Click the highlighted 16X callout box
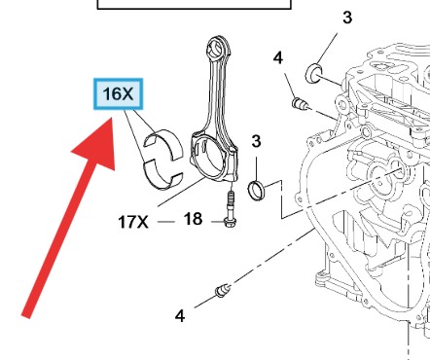(118, 93)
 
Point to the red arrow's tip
(112, 119)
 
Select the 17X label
(133, 222)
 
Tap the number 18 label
(193, 219)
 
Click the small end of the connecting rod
(218, 48)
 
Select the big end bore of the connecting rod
(207, 158)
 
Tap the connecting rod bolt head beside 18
(230, 222)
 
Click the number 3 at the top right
(347, 18)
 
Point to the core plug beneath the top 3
(314, 73)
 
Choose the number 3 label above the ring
(256, 141)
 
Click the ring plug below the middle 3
(256, 191)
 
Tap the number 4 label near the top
(278, 58)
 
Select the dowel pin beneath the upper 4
(300, 103)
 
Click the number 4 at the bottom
(180, 316)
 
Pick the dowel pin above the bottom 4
(223, 290)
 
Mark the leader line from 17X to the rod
(181, 192)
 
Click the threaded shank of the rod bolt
(231, 201)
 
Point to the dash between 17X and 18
(166, 222)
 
